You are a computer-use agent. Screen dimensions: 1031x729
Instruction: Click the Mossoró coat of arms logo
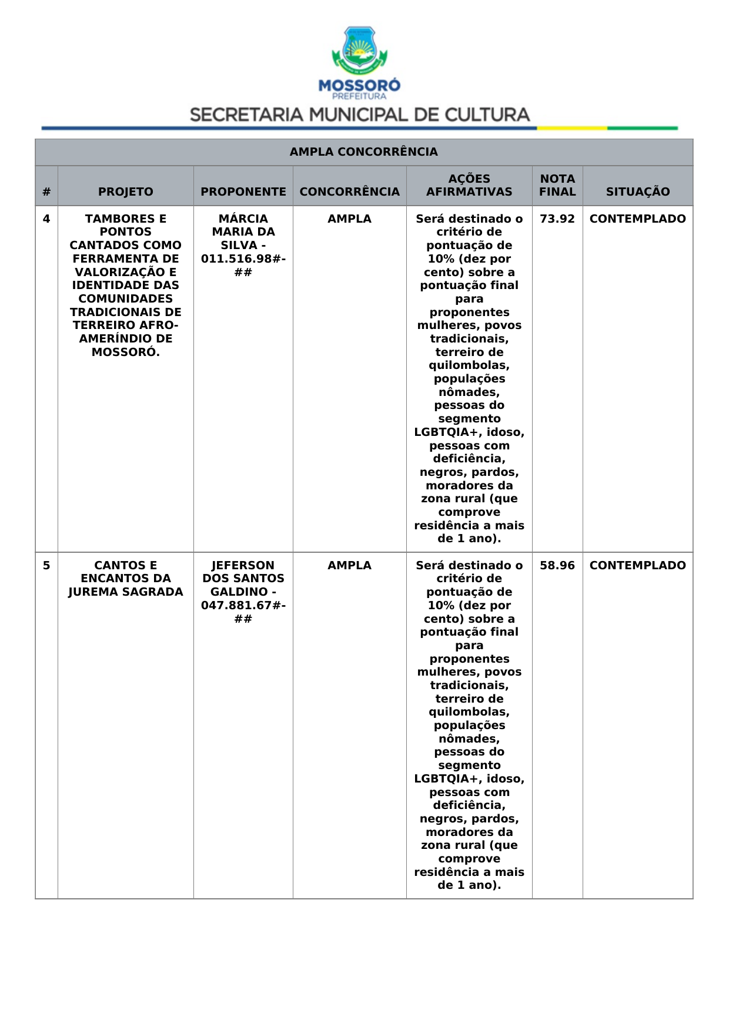359,51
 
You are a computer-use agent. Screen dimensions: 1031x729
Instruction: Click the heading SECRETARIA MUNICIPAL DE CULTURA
360,115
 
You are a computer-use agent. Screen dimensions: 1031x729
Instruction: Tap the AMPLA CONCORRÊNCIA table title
363,152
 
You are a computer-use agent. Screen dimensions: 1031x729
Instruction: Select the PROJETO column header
125,192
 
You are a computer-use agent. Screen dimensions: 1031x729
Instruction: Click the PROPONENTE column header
243,192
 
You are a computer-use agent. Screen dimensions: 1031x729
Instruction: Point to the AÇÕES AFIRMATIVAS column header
469,185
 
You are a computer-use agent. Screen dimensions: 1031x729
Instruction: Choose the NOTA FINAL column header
557,185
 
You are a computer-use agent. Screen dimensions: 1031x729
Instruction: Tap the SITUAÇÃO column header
638,192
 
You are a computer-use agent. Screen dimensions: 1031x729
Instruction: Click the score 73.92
557,219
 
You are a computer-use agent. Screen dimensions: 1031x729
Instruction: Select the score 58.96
557,566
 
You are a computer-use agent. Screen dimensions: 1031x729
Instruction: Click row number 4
46,219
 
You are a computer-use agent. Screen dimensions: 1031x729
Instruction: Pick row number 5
46,566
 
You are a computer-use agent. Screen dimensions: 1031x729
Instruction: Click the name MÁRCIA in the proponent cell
243,219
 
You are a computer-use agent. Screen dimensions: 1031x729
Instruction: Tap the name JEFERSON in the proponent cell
243,566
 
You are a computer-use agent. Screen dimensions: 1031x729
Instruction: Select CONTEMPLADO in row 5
638,566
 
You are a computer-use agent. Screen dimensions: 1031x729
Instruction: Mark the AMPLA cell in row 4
350,219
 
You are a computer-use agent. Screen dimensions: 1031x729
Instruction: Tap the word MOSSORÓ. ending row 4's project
125,352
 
